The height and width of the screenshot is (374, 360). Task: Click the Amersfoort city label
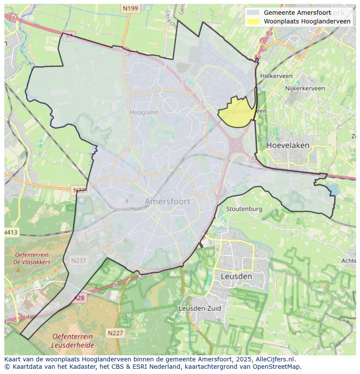coord(167,202)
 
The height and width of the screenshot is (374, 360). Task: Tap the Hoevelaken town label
coord(288,145)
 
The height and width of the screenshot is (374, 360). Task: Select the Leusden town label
coord(236,276)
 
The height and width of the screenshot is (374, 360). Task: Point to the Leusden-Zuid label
coord(200,308)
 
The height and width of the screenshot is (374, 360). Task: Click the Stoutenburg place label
coord(244,209)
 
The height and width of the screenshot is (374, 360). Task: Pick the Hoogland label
coord(143,112)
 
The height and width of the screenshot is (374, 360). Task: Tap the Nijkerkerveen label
coord(305,88)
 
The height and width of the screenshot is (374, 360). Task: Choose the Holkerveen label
coord(276,76)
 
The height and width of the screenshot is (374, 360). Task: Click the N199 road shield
coord(130,8)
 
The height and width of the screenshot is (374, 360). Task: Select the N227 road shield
coord(115,333)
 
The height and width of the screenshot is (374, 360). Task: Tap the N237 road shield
coord(79,260)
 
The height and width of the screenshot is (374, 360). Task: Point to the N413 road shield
coord(10,232)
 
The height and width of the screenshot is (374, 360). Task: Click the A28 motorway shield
coord(79,298)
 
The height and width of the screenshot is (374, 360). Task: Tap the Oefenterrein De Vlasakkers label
coord(32,258)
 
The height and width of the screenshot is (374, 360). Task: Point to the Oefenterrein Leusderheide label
coord(72,341)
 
